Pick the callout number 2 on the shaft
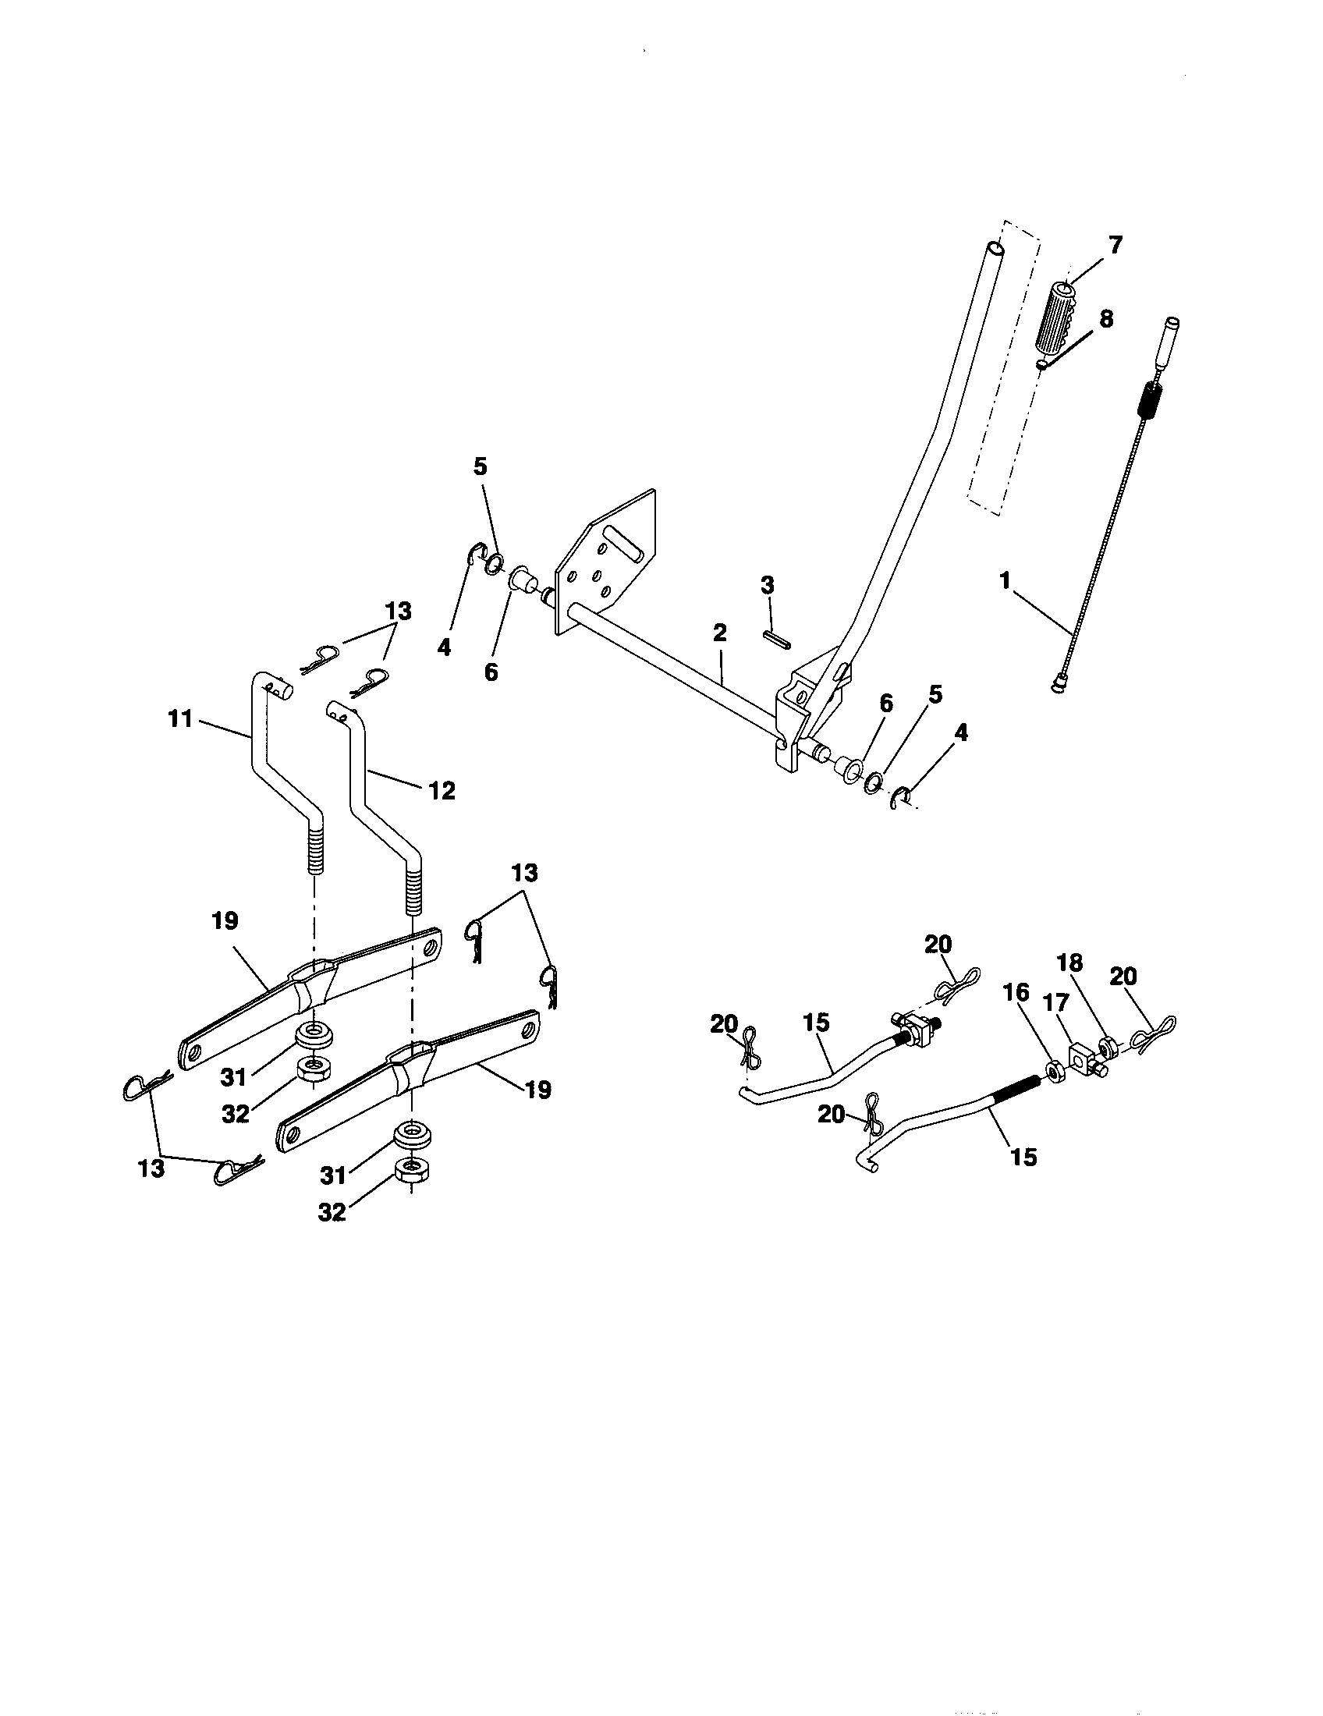(x=720, y=633)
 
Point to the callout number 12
(x=442, y=790)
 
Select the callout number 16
(x=1016, y=992)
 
